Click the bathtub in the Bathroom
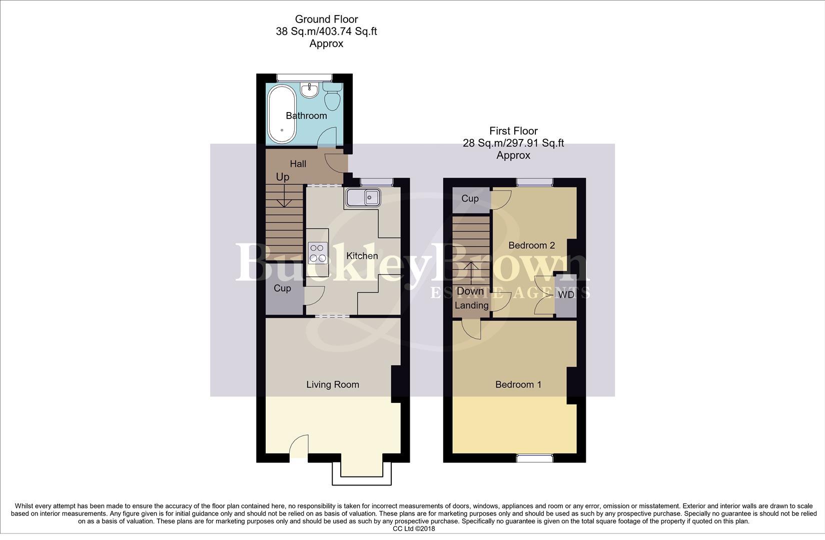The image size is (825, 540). click(282, 114)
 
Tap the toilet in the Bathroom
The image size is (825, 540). click(332, 96)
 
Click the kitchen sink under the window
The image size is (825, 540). click(362, 198)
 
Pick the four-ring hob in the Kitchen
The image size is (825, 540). click(318, 252)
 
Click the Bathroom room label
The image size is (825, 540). click(306, 115)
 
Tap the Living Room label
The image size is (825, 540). click(333, 384)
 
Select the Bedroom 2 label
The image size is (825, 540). click(531, 245)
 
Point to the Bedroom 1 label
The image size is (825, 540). click(518, 384)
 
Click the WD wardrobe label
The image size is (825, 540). click(566, 295)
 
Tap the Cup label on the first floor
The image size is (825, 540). click(470, 198)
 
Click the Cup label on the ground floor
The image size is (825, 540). click(282, 288)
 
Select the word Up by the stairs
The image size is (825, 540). click(283, 177)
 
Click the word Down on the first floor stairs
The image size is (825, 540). click(470, 291)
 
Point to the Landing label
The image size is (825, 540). click(471, 305)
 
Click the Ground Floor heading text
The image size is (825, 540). click(326, 19)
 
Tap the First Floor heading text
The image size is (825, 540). click(513, 131)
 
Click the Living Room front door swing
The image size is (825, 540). click(299, 446)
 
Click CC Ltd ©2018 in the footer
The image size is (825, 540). click(414, 528)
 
